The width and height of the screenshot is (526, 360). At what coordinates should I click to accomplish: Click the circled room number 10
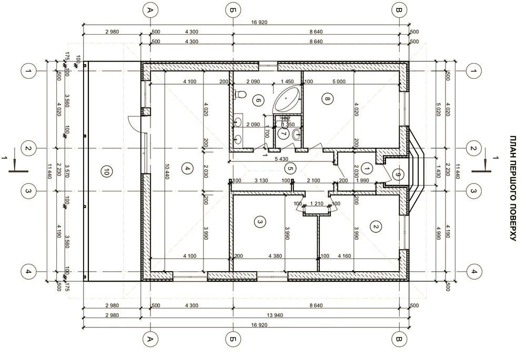tap(106, 172)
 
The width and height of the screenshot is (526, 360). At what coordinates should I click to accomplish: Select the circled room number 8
tap(327, 98)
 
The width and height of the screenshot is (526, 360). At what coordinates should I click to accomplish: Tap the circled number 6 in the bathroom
tap(258, 100)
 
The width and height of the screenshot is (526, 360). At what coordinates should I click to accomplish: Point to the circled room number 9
tap(398, 174)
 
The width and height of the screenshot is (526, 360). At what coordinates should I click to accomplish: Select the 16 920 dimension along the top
tap(259, 23)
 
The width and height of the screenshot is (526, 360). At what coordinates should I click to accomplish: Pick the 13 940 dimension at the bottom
tap(275, 315)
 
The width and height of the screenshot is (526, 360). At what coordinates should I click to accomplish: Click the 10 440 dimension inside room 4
tap(167, 171)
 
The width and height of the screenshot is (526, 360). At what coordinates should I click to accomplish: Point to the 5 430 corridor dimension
tap(281, 159)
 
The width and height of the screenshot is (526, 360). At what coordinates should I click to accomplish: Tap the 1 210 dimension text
tap(317, 203)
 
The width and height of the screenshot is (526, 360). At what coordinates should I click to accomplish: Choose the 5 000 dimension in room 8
tap(339, 81)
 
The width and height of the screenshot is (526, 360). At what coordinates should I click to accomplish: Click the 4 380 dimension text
tap(275, 256)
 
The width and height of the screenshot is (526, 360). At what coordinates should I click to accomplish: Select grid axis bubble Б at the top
tap(232, 10)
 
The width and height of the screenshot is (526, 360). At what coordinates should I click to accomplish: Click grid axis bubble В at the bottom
tap(399, 339)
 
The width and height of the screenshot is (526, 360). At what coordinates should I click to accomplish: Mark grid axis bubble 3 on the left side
tap(28, 191)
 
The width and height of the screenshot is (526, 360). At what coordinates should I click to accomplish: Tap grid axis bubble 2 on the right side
tap(473, 148)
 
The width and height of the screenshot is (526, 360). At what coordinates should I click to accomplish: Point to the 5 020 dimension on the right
tap(438, 110)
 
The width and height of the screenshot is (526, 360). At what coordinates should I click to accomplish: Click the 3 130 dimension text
tap(261, 180)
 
